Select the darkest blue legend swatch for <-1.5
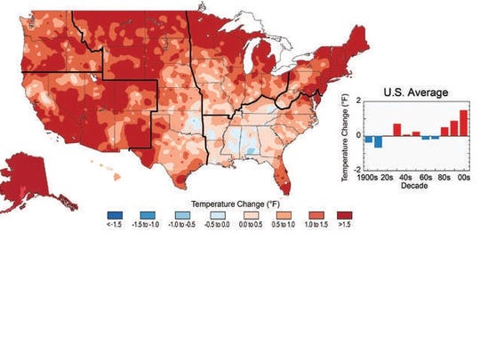pyautogui.click(x=115, y=213)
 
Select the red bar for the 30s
pyautogui.click(x=397, y=129)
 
